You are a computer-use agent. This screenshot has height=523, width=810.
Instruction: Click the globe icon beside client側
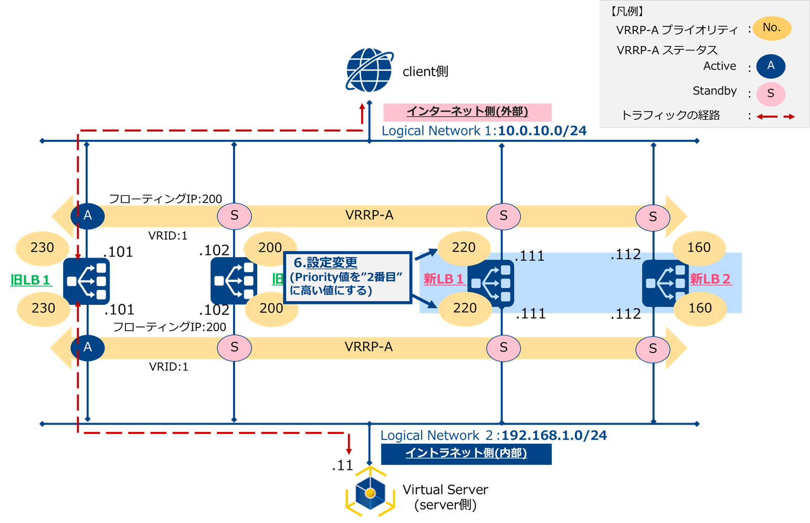[369, 70]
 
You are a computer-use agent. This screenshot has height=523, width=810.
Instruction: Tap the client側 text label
[425, 71]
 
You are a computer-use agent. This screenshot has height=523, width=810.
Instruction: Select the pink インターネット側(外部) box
[467, 112]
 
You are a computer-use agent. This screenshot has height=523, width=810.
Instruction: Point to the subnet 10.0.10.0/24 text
[542, 131]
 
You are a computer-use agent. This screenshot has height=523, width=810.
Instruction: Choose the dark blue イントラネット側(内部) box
[466, 454]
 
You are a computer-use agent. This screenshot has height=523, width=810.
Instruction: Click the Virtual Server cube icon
[370, 493]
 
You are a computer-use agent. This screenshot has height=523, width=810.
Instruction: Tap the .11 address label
[342, 466]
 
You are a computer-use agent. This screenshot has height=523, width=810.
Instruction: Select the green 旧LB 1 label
[30, 280]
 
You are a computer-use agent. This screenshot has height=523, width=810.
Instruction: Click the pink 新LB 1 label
[444, 279]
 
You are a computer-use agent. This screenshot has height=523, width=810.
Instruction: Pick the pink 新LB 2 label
[710, 279]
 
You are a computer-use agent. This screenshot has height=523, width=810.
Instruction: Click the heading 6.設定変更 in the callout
[325, 263]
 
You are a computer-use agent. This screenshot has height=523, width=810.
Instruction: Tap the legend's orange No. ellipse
[771, 28]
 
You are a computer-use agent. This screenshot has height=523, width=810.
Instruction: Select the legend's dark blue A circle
[770, 66]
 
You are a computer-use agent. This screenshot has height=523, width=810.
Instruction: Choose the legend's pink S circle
[770, 94]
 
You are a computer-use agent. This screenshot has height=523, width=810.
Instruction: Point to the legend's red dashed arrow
[775, 116]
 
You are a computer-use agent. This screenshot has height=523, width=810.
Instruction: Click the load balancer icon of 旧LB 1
[87, 281]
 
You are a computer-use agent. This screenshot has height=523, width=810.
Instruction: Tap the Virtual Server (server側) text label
[445, 497]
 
